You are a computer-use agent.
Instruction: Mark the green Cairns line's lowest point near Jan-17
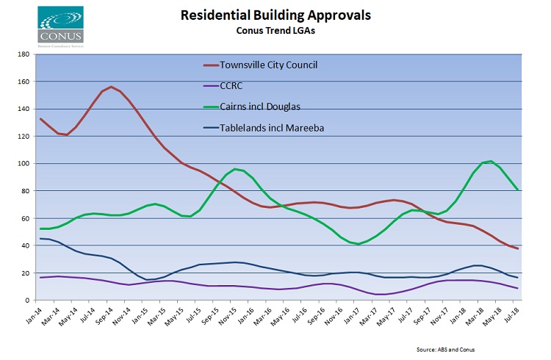(358, 244)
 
